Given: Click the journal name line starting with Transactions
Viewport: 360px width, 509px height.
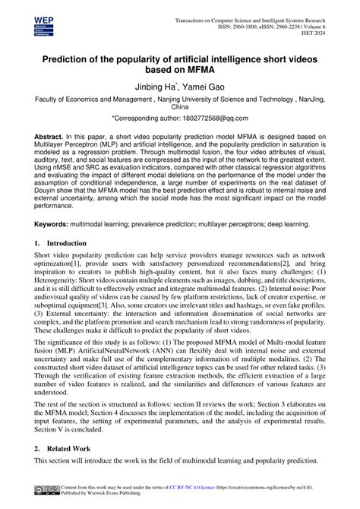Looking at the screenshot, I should tap(251, 15).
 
